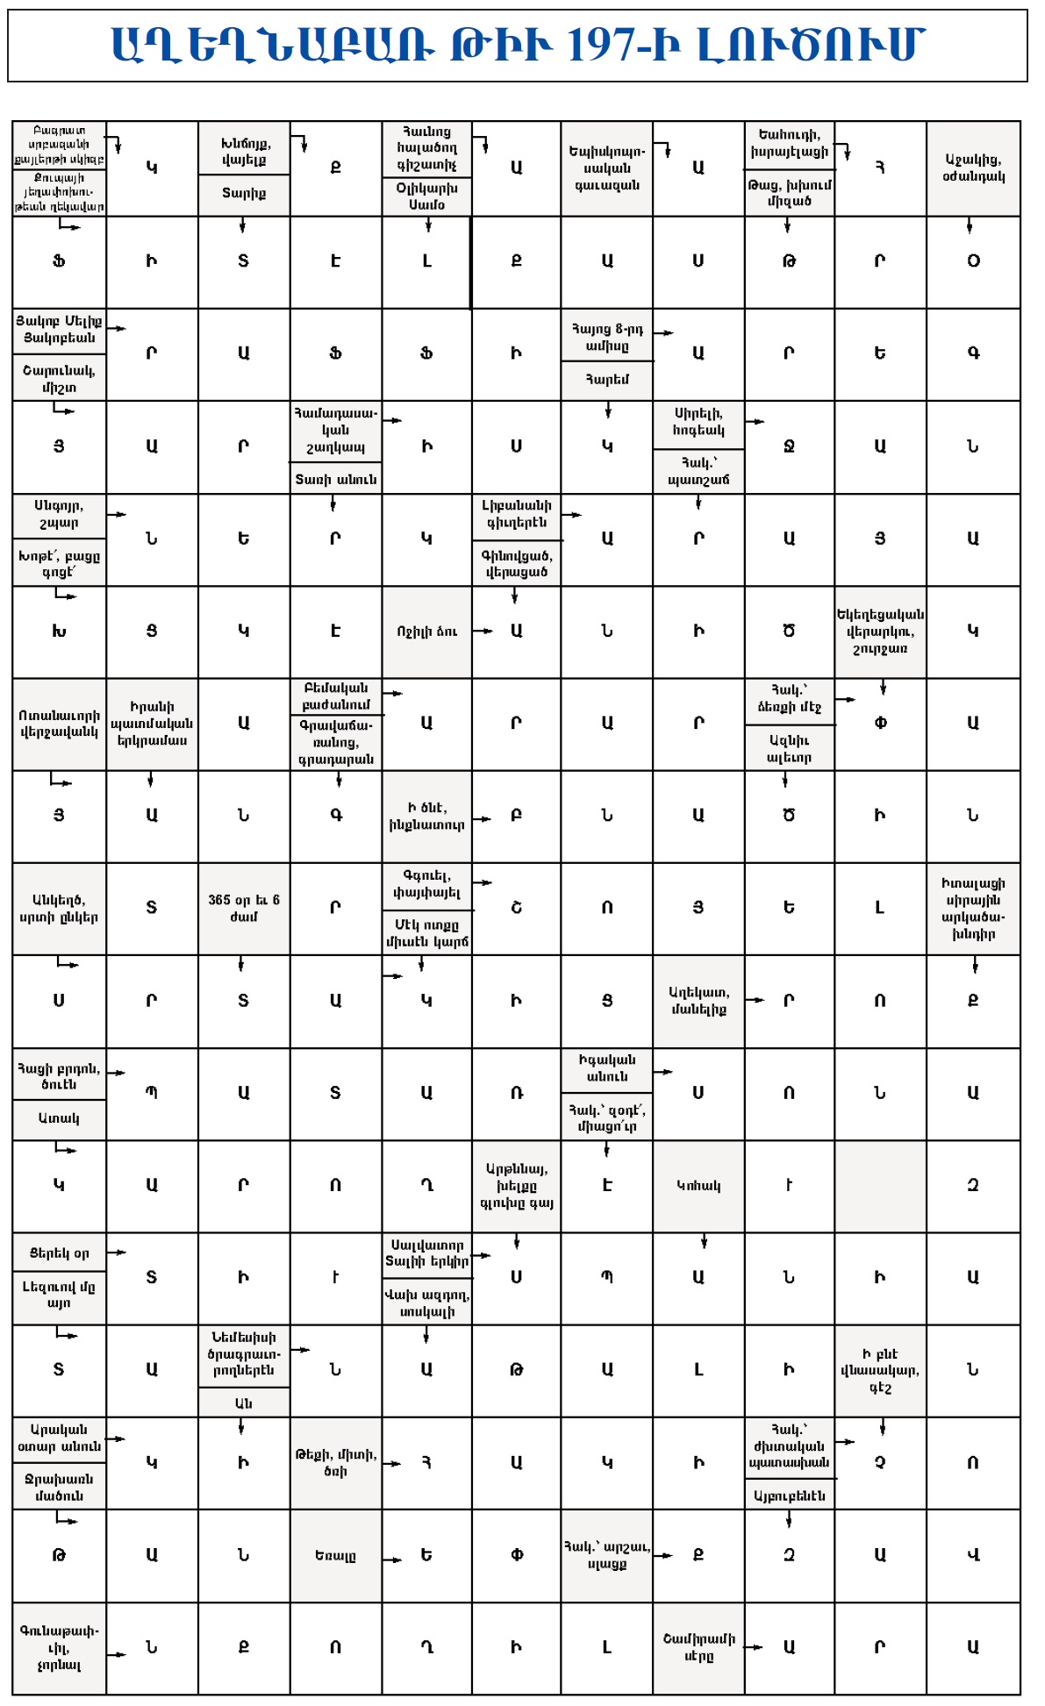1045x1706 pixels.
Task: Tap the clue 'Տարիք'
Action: point(244,194)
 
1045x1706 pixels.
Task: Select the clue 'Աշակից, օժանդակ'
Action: point(973,168)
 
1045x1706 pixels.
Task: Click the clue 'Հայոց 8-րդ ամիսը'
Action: point(607,337)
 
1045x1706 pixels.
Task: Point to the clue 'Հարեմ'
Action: point(607,380)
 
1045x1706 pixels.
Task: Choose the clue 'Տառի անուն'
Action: point(335,479)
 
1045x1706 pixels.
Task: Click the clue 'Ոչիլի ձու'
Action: point(426,632)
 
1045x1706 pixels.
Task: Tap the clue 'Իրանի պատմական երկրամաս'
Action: point(152,724)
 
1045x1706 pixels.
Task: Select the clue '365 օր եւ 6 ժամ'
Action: point(244,908)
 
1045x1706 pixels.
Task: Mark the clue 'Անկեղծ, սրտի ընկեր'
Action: point(59,909)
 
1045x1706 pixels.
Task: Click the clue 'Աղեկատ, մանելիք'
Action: point(698,1001)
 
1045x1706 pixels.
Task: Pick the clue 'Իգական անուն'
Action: point(607,1068)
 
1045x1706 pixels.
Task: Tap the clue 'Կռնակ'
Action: point(698,1186)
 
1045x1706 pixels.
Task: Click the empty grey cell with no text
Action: point(880,1186)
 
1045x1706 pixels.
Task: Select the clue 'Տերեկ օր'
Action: point(59,1253)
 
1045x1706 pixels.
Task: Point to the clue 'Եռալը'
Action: point(335,1556)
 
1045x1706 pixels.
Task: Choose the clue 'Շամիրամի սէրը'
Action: point(698,1648)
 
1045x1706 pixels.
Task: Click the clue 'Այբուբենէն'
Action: point(789,1495)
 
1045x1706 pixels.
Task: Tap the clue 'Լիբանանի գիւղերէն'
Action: point(516,514)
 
